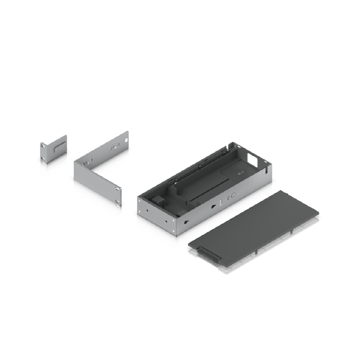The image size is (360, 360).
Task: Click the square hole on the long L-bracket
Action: pyautogui.click(x=126, y=140)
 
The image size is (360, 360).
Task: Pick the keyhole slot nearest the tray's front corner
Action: pyautogui.click(x=186, y=222)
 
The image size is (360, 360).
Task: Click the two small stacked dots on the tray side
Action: pyautogui.click(x=220, y=202)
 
